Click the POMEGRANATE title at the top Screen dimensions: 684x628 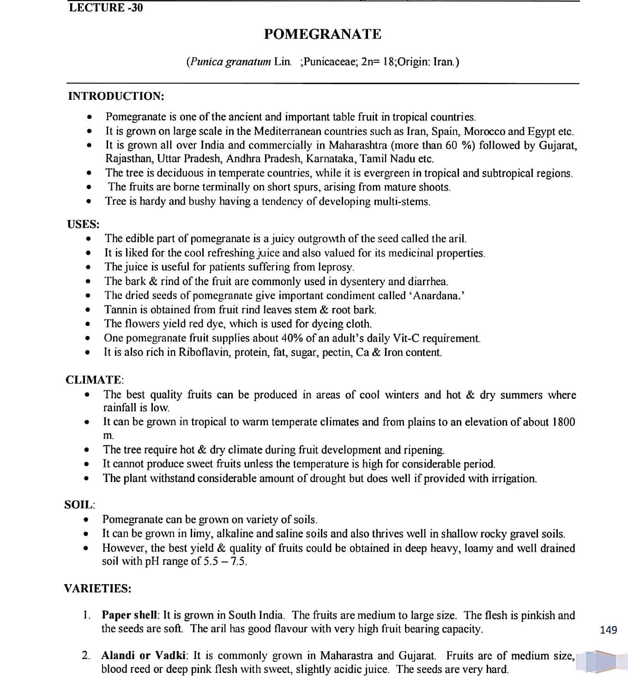pos(322,34)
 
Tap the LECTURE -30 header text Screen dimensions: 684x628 pos(106,7)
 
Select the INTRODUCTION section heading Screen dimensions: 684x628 pos(116,96)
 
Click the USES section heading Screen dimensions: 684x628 pos(83,225)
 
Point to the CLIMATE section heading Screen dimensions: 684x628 pos(94,380)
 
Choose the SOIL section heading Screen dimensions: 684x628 pos(79,505)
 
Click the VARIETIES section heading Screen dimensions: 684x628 pos(97,589)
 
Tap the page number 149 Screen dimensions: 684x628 pos(608,630)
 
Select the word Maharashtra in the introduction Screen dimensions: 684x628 pos(358,145)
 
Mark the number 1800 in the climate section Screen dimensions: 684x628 pos(563,422)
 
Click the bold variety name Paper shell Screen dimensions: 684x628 pos(130,615)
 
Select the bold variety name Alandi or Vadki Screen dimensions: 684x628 pos(144,656)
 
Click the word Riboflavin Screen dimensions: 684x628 pos(205,353)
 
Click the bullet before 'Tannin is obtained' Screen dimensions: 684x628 pos(87,310)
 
